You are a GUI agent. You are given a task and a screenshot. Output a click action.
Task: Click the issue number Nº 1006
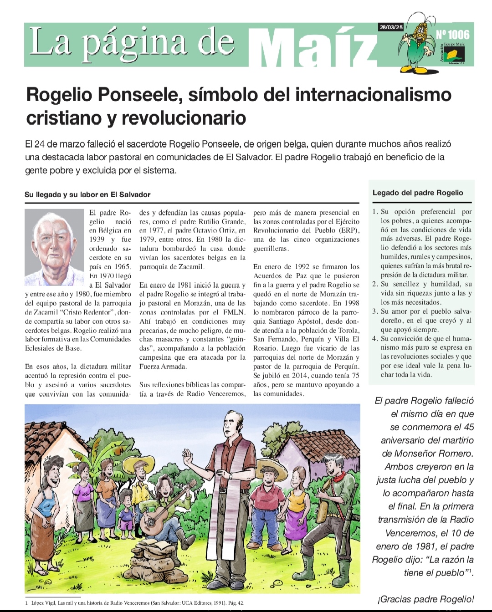click(x=452, y=35)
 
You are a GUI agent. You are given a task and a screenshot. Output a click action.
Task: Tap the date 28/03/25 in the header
click(x=391, y=27)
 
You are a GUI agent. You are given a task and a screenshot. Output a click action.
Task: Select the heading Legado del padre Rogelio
click(x=418, y=193)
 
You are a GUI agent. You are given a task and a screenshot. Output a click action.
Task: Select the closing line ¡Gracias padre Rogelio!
click(x=425, y=599)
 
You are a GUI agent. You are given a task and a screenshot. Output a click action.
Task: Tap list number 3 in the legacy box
click(x=375, y=311)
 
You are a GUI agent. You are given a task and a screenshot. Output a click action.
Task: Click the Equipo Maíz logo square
click(x=455, y=55)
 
